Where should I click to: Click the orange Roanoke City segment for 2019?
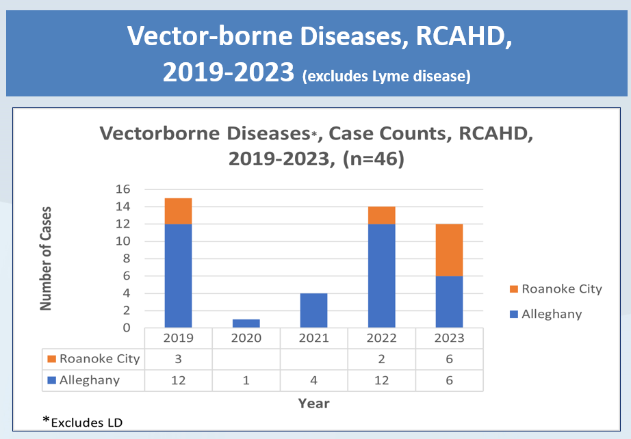click(x=178, y=211)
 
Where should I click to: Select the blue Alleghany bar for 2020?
click(x=246, y=323)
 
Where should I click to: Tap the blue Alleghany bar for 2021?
click(x=314, y=310)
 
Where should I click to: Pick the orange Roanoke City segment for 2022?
click(x=381, y=215)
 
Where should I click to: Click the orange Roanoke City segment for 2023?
click(x=449, y=250)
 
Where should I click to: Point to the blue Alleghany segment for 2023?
click(x=449, y=302)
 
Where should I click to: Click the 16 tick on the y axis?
click(x=123, y=189)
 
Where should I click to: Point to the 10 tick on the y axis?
click(x=123, y=241)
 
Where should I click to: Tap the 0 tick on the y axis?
click(x=127, y=328)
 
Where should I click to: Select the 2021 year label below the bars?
click(x=314, y=338)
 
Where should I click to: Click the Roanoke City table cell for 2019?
click(x=178, y=359)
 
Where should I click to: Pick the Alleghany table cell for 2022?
click(x=381, y=380)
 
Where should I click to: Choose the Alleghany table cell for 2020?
click(x=246, y=380)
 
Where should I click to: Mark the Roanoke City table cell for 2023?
click(x=450, y=359)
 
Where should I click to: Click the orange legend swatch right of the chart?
click(x=514, y=289)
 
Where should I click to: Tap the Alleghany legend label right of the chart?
click(x=552, y=314)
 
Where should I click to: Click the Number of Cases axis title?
click(x=46, y=258)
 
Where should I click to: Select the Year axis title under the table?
click(x=314, y=403)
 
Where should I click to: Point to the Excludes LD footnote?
click(x=83, y=422)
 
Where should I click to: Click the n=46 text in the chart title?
click(x=374, y=159)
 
